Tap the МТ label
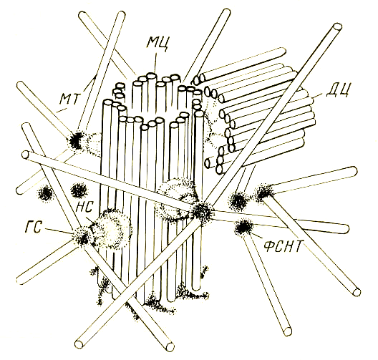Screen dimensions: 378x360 70,98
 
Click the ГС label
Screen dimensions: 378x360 34,226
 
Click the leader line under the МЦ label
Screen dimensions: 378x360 155,63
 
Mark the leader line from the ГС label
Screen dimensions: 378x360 58,231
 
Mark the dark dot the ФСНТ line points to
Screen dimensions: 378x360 243,227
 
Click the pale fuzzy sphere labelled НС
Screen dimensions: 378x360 112,228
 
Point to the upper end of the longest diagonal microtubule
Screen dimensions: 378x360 337,26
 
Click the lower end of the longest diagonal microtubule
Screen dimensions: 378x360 80,344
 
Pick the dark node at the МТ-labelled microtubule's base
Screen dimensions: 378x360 76,140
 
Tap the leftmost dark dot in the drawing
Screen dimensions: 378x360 45,193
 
